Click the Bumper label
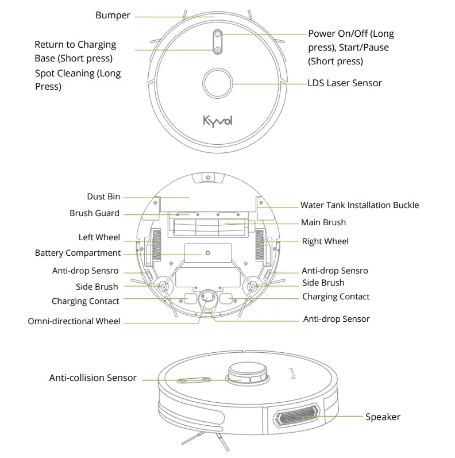click(113, 16)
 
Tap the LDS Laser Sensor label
click(345, 83)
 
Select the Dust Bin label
click(103, 197)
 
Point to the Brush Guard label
click(94, 213)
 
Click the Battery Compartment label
click(78, 253)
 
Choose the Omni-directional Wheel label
click(74, 321)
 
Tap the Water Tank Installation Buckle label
click(359, 205)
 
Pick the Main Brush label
click(323, 222)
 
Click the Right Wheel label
click(325, 241)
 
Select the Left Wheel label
click(99, 237)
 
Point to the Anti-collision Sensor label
click(92, 378)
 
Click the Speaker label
click(383, 417)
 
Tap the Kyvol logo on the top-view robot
click(218, 121)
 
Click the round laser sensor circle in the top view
click(218, 84)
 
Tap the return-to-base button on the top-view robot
click(218, 51)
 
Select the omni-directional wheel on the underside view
click(207, 297)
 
